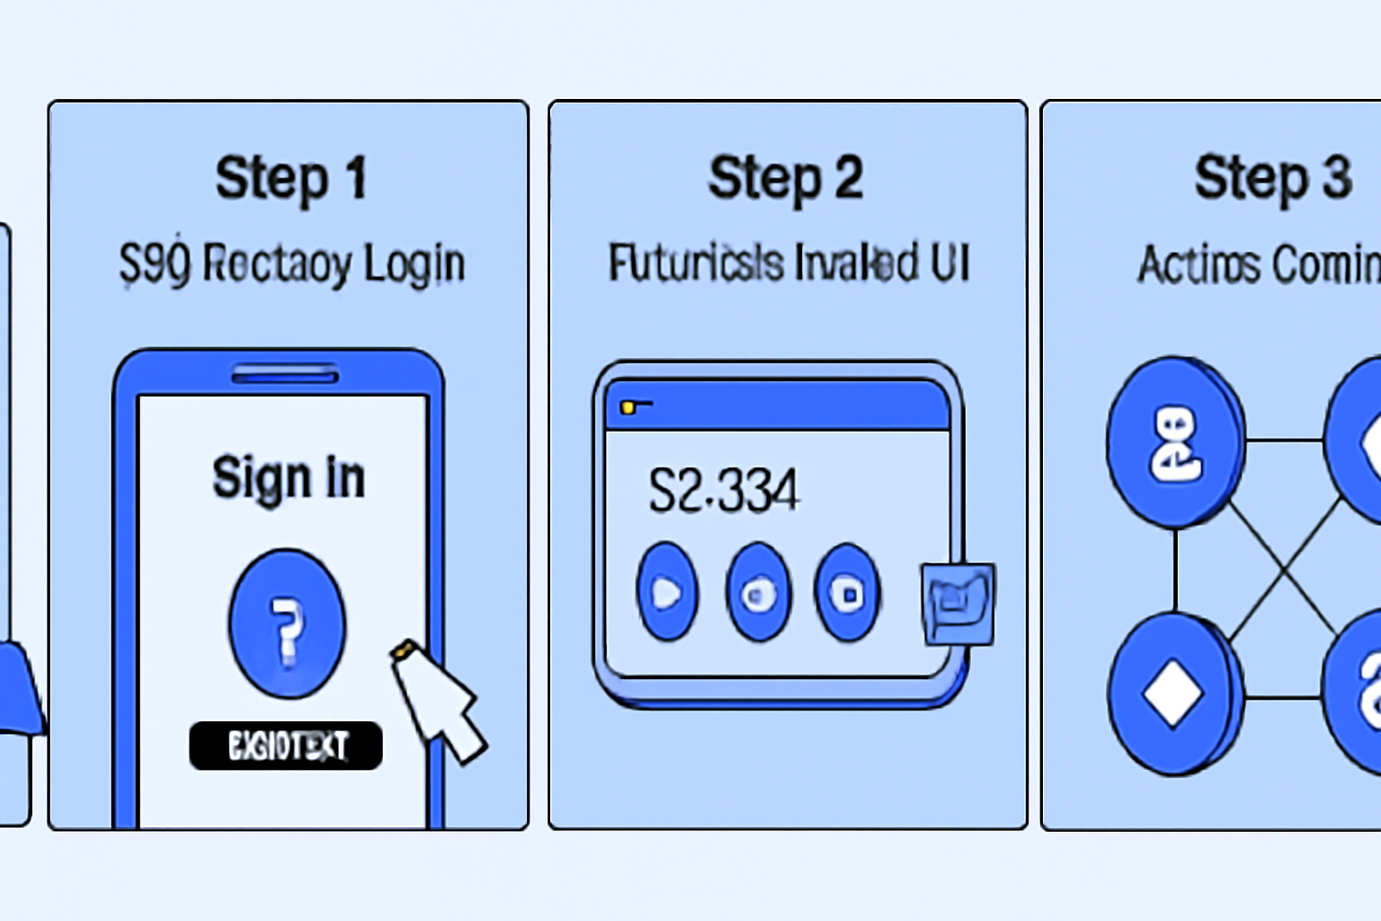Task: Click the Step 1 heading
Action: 290,178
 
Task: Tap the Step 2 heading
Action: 785,178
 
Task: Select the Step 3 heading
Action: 1272,178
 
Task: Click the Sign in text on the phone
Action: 289,478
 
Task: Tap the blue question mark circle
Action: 287,624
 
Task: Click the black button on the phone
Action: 286,746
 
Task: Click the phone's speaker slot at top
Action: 285,374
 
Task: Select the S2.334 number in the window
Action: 723,491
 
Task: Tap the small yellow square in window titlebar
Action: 628,408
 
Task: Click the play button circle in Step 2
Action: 667,592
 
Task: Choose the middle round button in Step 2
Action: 758,593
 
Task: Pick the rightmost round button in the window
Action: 847,593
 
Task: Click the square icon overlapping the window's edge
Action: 958,604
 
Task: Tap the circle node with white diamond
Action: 1173,693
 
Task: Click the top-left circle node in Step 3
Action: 1175,442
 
